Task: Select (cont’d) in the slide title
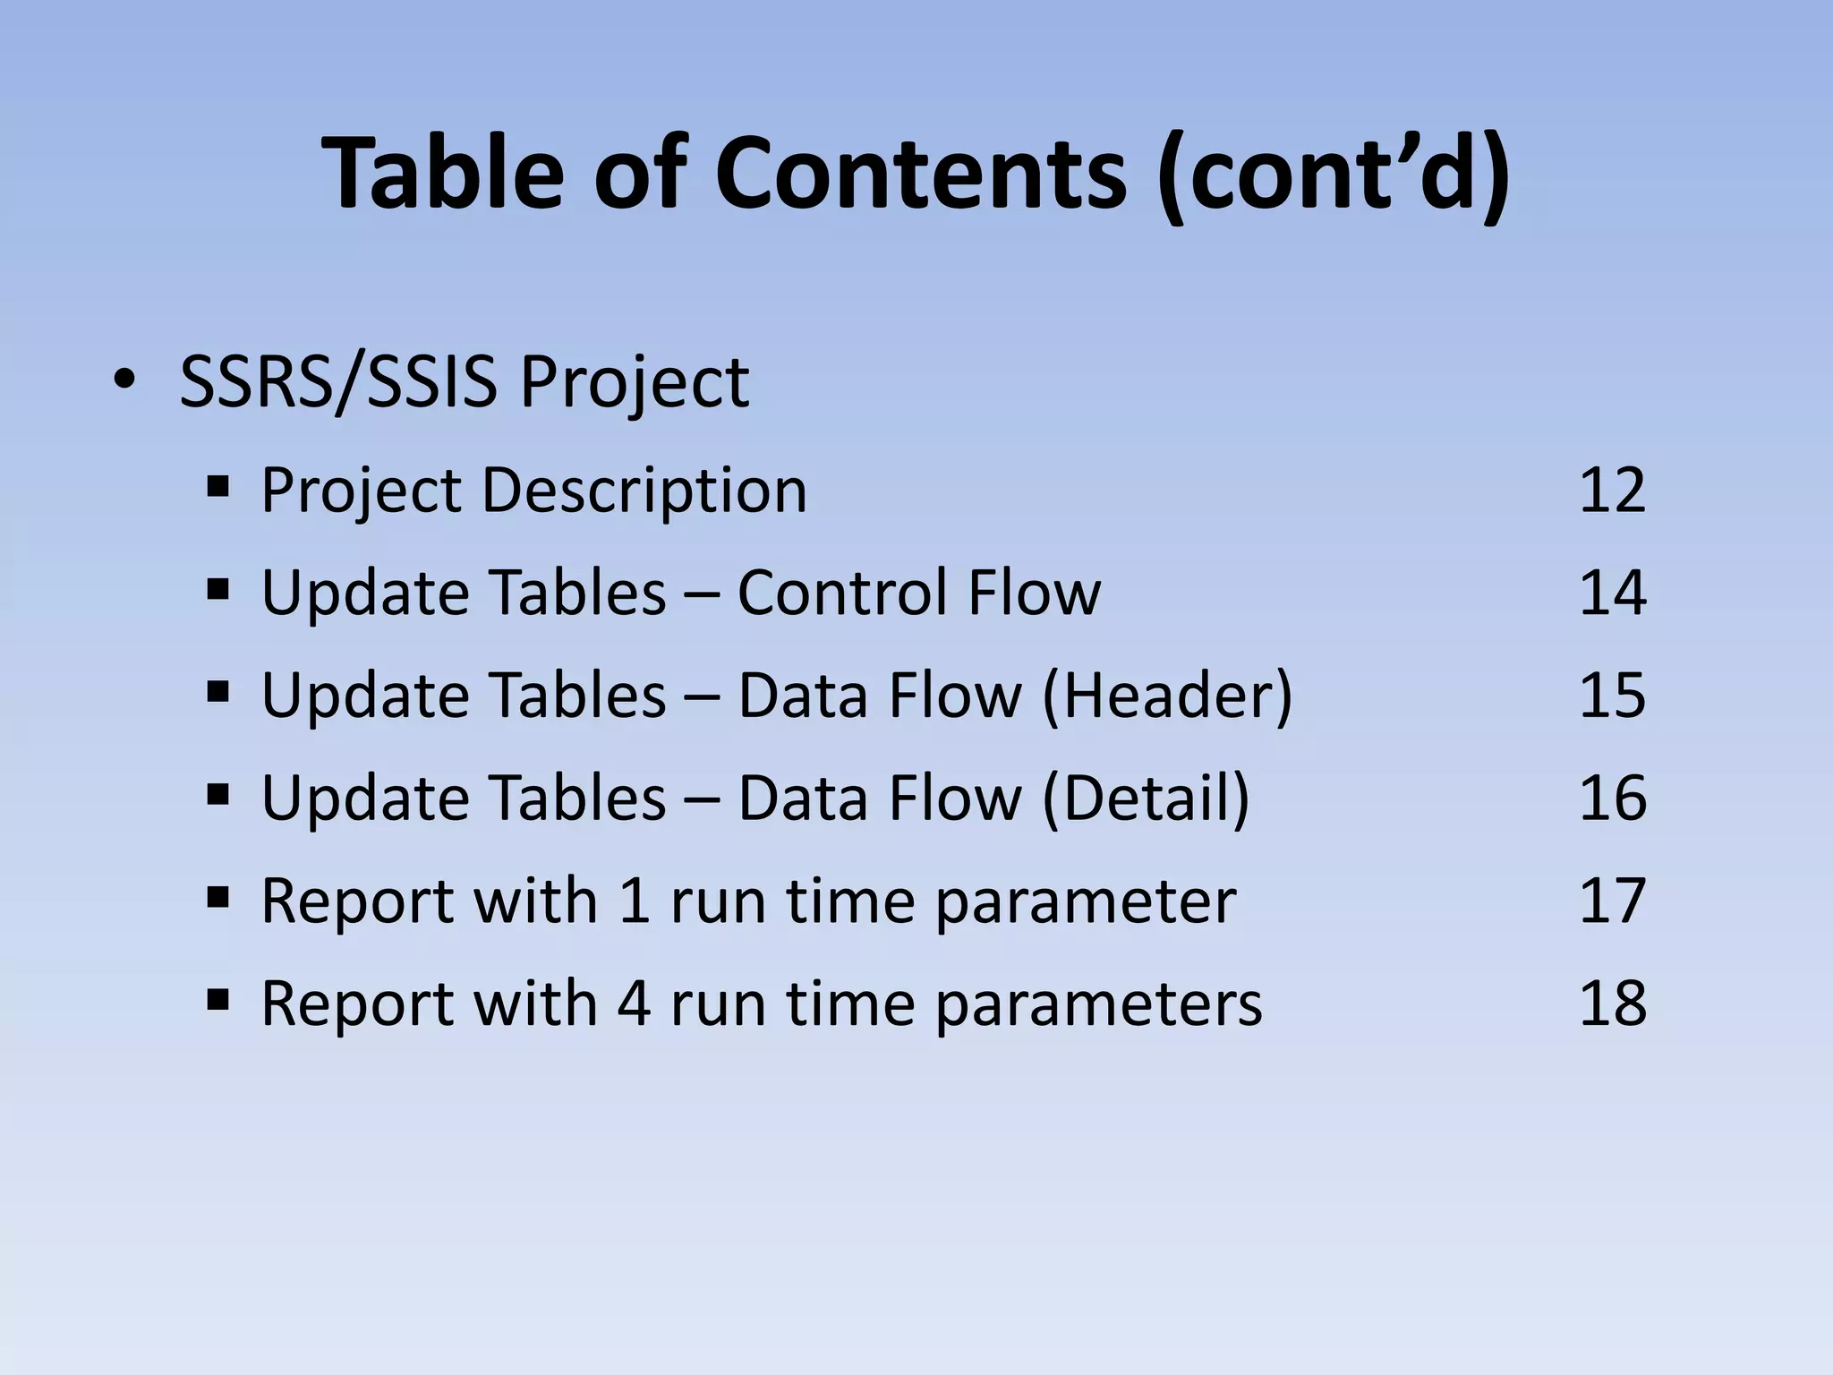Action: [1332, 175]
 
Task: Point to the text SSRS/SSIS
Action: [337, 382]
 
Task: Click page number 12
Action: [1612, 490]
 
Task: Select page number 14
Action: [1612, 593]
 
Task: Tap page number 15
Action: [1612, 695]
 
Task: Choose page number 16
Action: [1612, 798]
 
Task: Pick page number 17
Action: [1612, 900]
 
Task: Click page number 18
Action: [1612, 1003]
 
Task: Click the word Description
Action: [644, 491]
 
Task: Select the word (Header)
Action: [1167, 696]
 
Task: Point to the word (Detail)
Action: [1146, 798]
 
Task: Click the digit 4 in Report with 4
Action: [633, 1003]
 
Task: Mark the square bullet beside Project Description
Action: [217, 488]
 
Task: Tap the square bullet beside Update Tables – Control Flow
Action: [217, 591]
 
